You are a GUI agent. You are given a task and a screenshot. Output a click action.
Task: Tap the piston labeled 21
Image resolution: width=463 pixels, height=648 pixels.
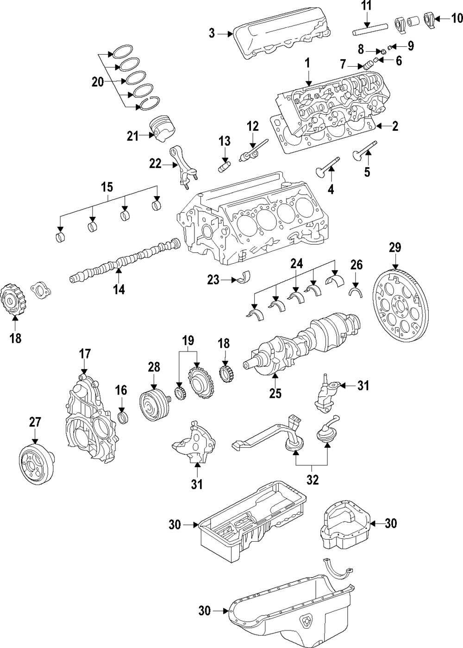tap(163, 129)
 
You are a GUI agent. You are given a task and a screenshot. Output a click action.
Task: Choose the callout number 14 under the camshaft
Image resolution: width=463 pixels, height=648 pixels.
tap(119, 290)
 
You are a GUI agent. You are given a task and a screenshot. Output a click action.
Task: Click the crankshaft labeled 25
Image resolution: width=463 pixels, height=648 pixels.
tap(306, 342)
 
